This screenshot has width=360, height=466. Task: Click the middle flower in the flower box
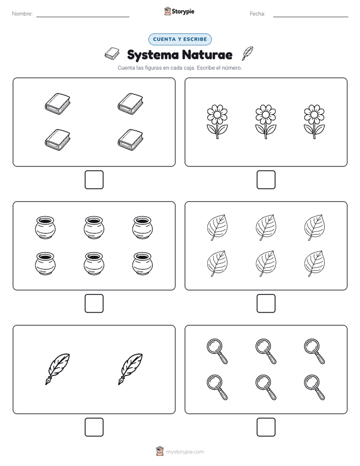coord(266,121)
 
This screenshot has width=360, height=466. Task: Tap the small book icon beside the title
coord(112,53)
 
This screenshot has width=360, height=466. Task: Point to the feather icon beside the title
coord(248,53)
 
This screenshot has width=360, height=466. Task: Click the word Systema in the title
coord(153,55)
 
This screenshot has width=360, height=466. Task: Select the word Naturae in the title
coord(207,54)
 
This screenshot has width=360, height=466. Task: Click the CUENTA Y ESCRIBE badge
coord(180,39)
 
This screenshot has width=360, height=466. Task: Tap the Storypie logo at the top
coord(179,12)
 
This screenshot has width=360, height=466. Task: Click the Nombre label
coord(22,14)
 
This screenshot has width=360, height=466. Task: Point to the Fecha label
coord(257,14)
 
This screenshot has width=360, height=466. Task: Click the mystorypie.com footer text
coord(185,452)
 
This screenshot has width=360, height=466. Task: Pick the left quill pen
coord(57,369)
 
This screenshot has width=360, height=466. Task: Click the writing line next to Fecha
coord(311,17)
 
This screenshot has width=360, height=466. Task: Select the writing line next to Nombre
coord(83,17)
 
